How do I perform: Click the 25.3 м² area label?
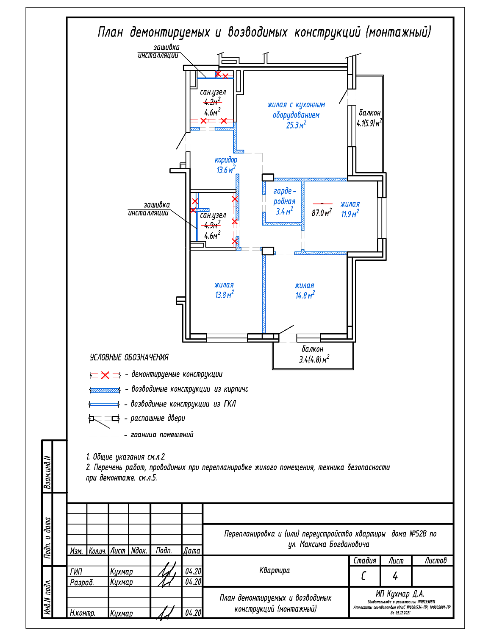[296, 125]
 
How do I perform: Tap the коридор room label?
[226, 160]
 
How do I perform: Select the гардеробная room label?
[284, 196]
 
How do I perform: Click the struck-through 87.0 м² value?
[322, 213]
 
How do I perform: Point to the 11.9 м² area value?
[350, 214]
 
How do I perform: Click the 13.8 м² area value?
[224, 295]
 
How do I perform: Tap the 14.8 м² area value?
[305, 296]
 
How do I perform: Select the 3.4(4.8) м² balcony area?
[314, 360]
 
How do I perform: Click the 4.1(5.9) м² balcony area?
[369, 123]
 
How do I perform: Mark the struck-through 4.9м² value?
[212, 225]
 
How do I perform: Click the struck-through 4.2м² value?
[212, 102]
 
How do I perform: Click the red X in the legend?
[105, 375]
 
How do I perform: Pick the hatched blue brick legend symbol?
[105, 390]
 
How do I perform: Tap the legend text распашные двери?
[158, 418]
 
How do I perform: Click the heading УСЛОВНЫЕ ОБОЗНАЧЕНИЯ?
[129, 357]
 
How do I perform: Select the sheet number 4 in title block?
[395, 576]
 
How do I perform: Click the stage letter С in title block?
[363, 576]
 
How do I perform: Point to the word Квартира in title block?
[275, 570]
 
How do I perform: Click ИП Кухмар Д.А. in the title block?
[400, 594]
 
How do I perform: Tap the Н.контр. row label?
[83, 613]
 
